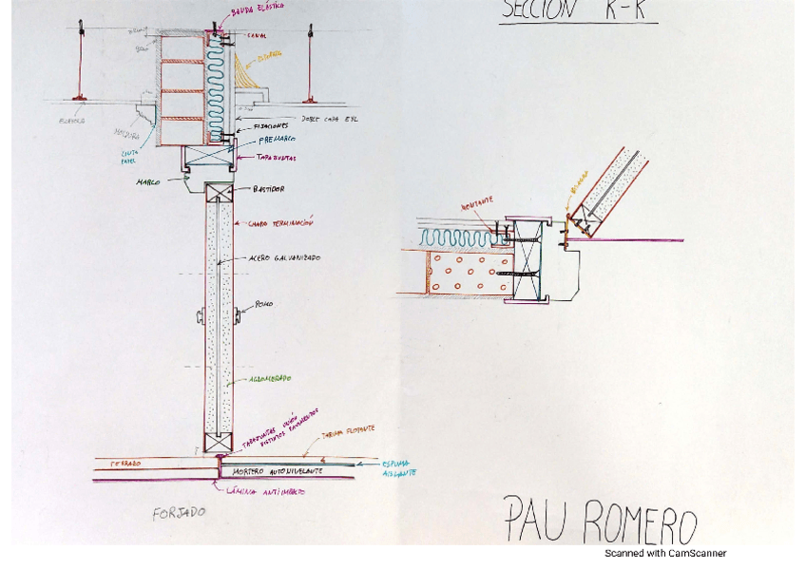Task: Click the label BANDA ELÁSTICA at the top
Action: tap(258, 10)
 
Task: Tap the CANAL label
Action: tap(257, 35)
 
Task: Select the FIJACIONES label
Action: tap(270, 125)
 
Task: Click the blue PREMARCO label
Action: tap(277, 140)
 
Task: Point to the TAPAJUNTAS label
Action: tap(278, 158)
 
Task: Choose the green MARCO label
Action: tap(147, 181)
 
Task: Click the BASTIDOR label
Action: tap(268, 189)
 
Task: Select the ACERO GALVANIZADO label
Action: tap(283, 257)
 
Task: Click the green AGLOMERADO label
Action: tap(270, 379)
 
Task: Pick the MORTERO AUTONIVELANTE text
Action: tap(278, 470)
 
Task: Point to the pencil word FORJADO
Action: tap(179, 514)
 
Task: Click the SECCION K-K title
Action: tap(578, 10)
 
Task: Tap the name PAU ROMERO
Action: tap(600, 521)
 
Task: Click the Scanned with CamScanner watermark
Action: tap(665, 553)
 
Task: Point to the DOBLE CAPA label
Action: tap(331, 119)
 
